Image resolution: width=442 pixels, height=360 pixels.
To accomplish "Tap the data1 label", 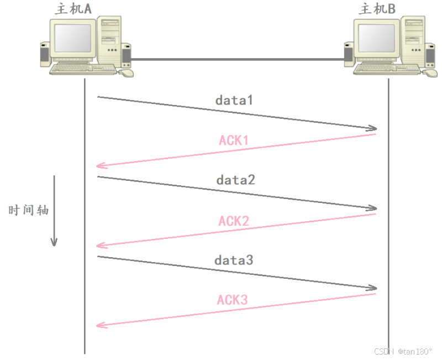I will click(x=234, y=100).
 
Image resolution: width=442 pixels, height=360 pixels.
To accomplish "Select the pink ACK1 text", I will click(x=234, y=140).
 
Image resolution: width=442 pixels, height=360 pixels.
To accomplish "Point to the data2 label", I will click(x=236, y=180).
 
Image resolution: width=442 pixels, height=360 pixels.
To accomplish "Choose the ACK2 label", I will click(x=234, y=221).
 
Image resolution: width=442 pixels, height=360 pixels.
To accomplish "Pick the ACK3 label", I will click(x=233, y=300).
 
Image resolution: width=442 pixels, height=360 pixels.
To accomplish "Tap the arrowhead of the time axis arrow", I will click(x=54, y=242).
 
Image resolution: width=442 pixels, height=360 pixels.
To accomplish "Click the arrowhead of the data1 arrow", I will click(x=373, y=129).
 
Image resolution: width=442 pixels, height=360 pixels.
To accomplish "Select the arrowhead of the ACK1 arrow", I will click(x=100, y=165).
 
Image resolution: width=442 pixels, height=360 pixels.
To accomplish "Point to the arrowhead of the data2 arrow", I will click(x=373, y=208).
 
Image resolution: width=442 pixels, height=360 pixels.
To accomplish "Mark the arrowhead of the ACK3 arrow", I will click(x=100, y=325).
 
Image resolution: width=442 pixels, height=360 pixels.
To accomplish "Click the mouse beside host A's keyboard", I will click(x=127, y=72).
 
